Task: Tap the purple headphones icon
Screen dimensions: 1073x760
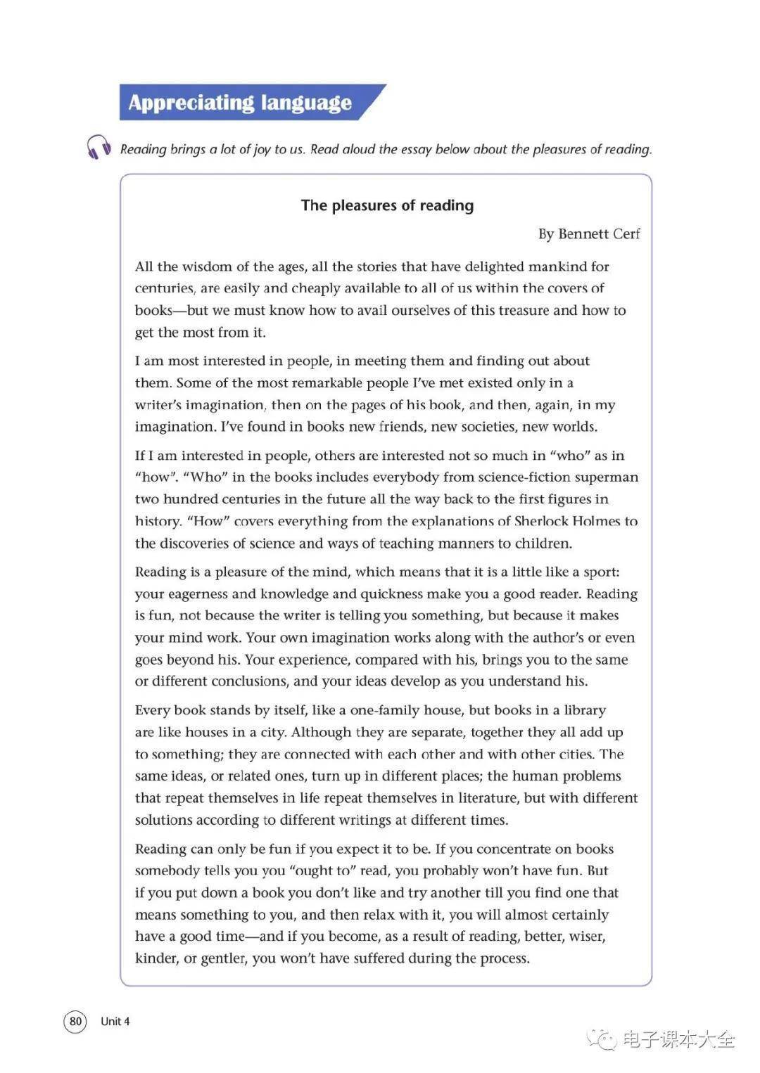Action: tap(99, 148)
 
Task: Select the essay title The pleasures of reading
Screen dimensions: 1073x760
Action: tap(387, 205)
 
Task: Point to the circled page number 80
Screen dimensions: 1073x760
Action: tap(75, 1021)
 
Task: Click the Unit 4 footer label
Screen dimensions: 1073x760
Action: tap(115, 1021)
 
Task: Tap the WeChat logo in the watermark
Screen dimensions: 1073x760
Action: tap(602, 1039)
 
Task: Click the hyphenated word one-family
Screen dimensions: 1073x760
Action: tap(388, 710)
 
